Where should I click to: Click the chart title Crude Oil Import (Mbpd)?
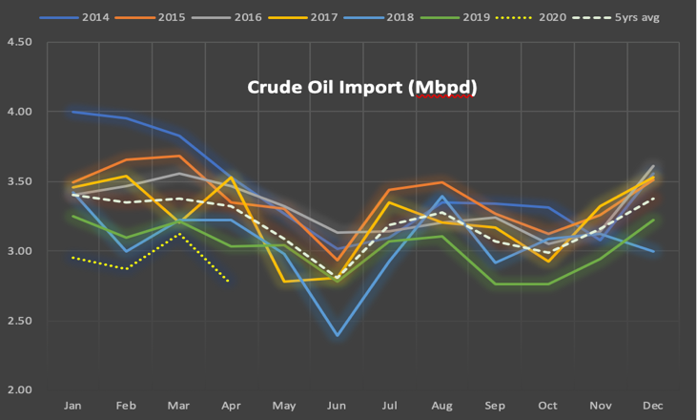(x=361, y=88)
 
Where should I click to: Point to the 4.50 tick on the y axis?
(x=18, y=43)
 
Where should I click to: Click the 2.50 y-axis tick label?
(x=18, y=321)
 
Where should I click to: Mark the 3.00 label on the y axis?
(x=18, y=251)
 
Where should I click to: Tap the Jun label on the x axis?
(x=338, y=405)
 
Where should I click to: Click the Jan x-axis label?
(x=72, y=405)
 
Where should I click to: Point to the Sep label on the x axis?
(x=496, y=405)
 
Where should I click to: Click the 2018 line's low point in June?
(x=338, y=336)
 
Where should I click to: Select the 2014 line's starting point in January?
(x=72, y=112)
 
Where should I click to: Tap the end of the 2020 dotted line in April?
(x=229, y=282)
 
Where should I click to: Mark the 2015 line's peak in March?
(x=178, y=156)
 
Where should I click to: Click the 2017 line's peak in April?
(x=231, y=178)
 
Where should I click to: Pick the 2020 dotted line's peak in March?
(x=178, y=234)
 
